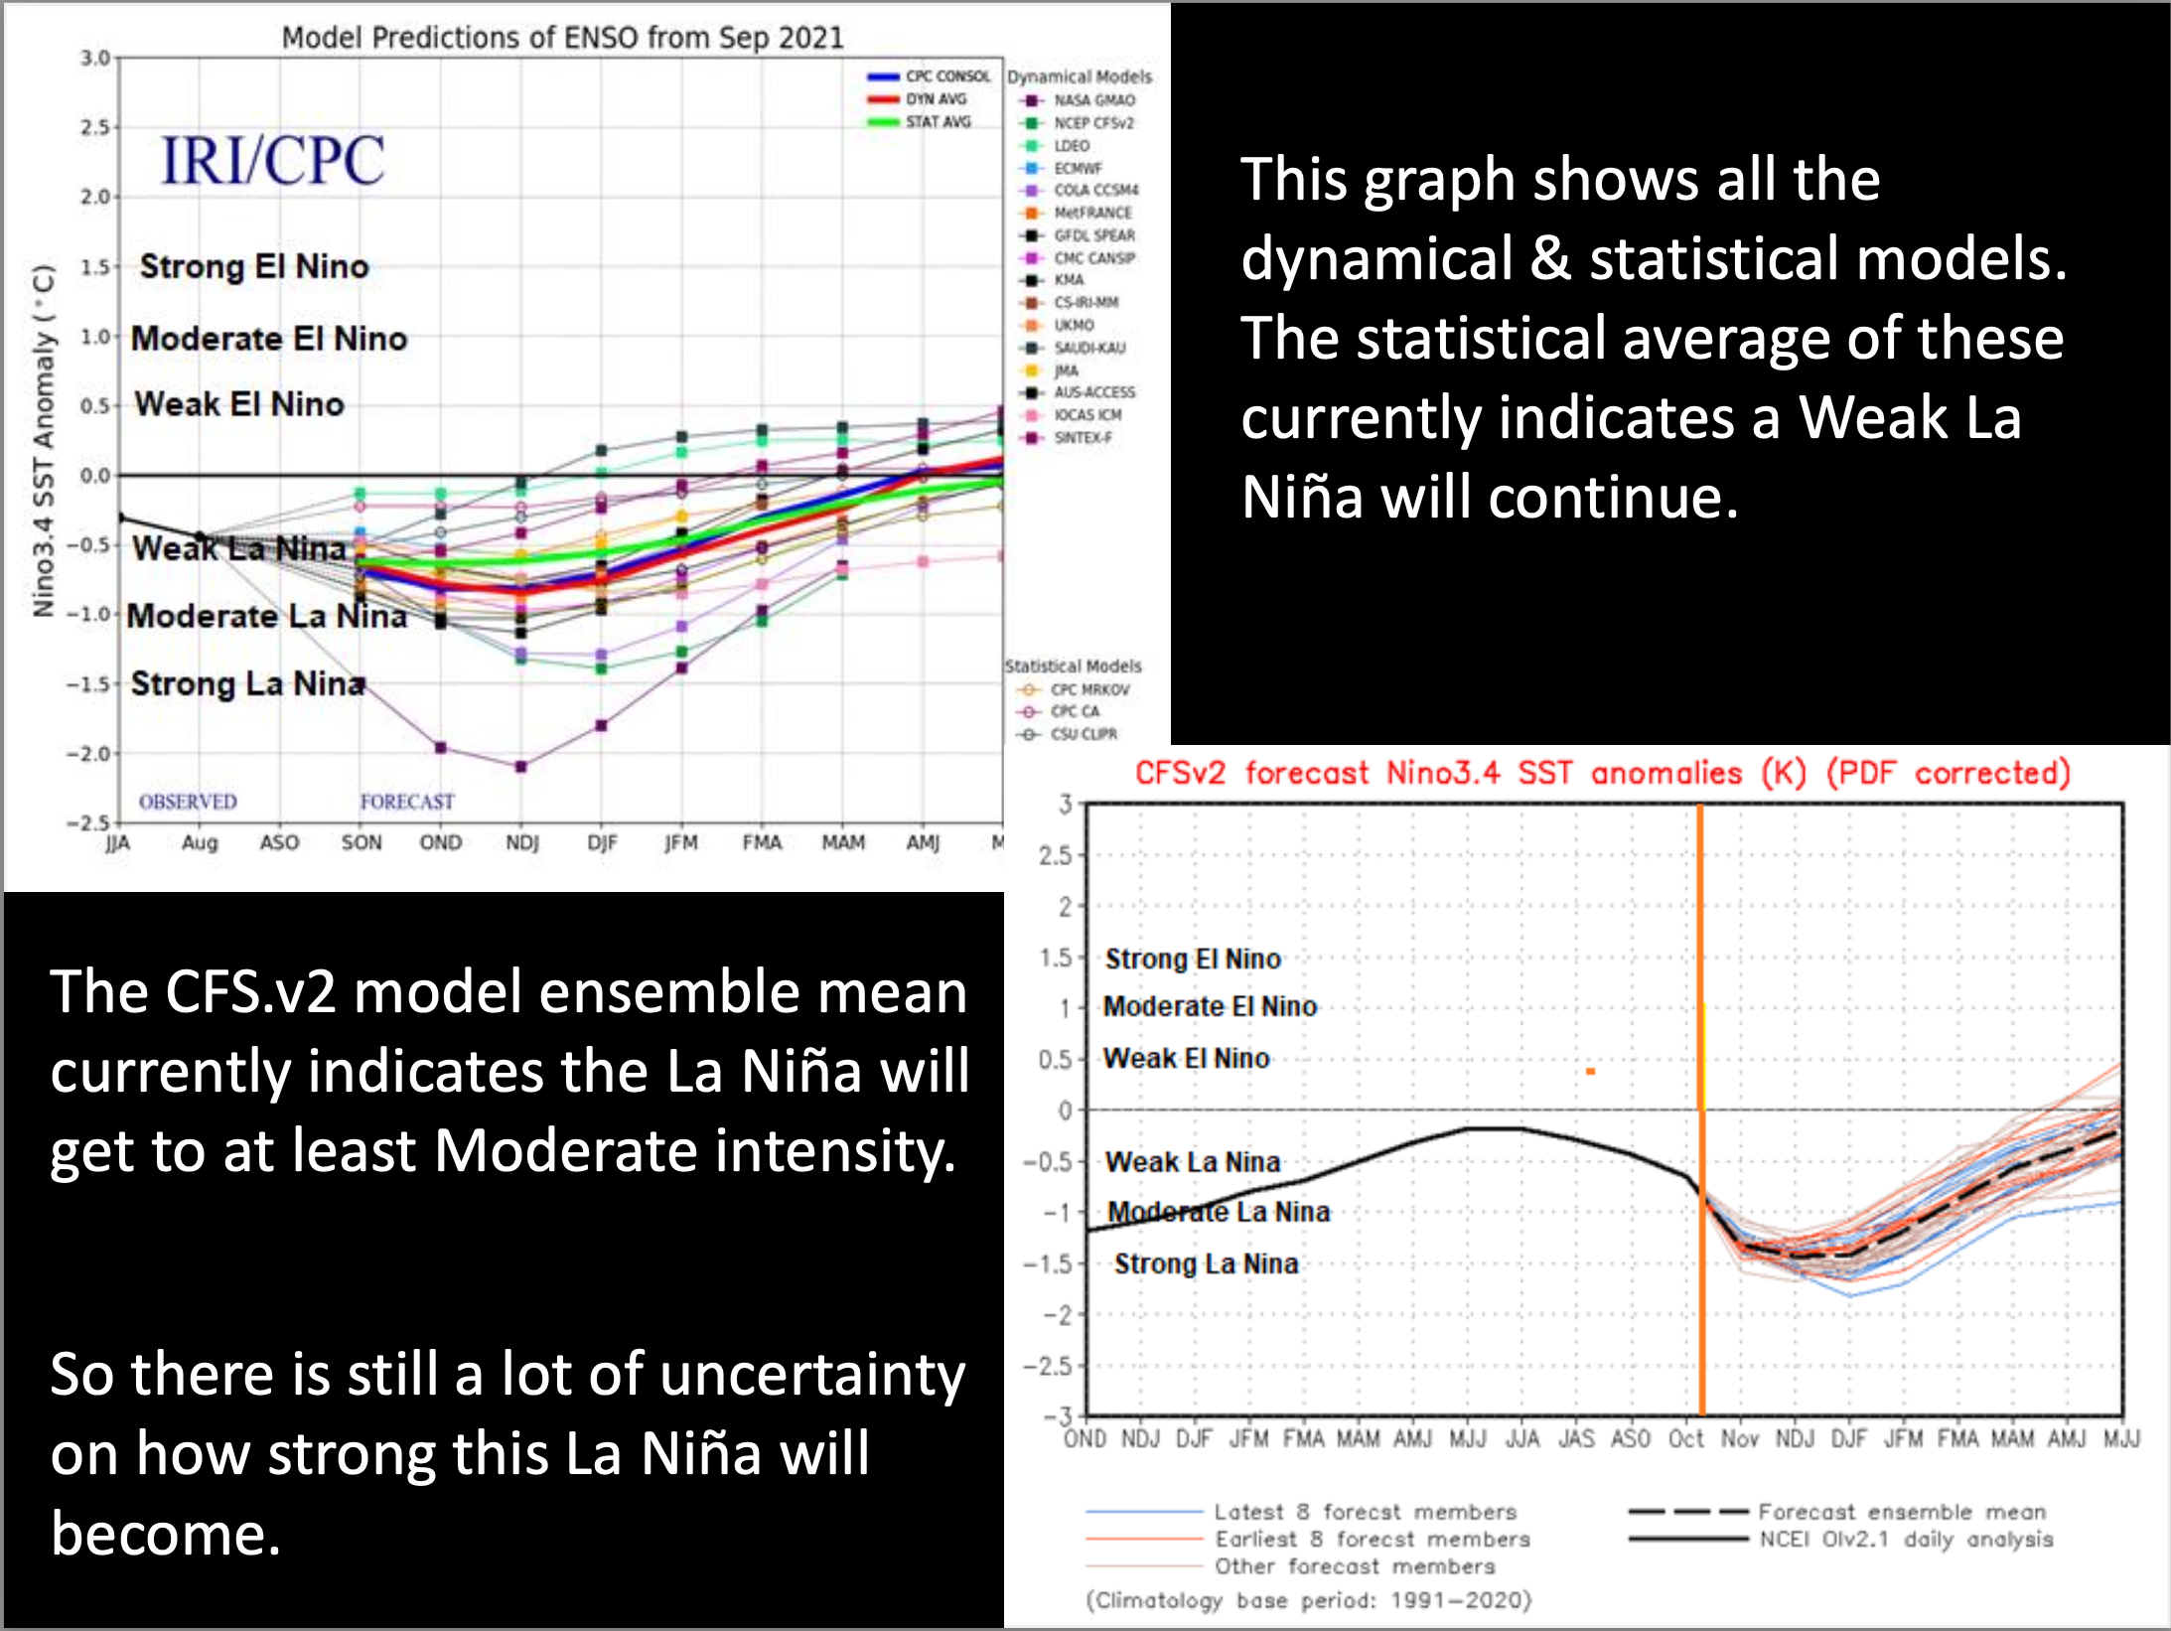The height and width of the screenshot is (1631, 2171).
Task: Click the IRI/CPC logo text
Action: pyautogui.click(x=272, y=160)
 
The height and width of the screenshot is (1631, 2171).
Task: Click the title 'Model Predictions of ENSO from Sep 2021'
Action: pyautogui.click(x=562, y=38)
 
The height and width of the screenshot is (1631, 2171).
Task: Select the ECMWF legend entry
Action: pyautogui.click(x=1078, y=168)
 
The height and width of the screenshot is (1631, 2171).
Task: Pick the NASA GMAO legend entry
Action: pyautogui.click(x=1093, y=100)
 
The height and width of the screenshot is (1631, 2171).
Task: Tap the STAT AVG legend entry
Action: pyautogui.click(x=937, y=122)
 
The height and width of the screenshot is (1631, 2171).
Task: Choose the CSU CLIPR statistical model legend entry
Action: pyautogui.click(x=1083, y=734)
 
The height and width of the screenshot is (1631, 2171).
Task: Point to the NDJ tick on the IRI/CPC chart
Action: pyautogui.click(x=521, y=842)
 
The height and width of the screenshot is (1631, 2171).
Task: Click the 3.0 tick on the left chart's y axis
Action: pyautogui.click(x=95, y=58)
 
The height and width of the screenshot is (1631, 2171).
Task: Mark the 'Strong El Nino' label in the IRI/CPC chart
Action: pyautogui.click(x=254, y=266)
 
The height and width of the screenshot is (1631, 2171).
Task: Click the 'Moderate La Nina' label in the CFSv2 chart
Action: pyautogui.click(x=1219, y=1212)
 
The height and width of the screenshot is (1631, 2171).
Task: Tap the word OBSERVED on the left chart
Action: pyautogui.click(x=188, y=802)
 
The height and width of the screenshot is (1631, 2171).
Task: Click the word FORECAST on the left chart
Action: pyautogui.click(x=407, y=802)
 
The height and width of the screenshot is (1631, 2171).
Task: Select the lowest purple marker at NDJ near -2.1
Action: pyautogui.click(x=521, y=766)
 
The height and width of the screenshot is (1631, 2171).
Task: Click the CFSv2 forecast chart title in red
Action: pyautogui.click(x=1602, y=773)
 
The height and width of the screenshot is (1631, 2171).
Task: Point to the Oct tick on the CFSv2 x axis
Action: pyautogui.click(x=1685, y=1438)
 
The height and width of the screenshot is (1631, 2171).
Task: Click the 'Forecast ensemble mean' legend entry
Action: pyautogui.click(x=1901, y=1512)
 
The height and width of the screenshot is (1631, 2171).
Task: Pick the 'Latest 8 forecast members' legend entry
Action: pyautogui.click(x=1365, y=1512)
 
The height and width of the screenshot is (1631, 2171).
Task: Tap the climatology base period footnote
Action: pyautogui.click(x=1309, y=1600)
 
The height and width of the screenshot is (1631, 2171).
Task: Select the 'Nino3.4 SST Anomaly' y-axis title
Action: pyautogui.click(x=43, y=441)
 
